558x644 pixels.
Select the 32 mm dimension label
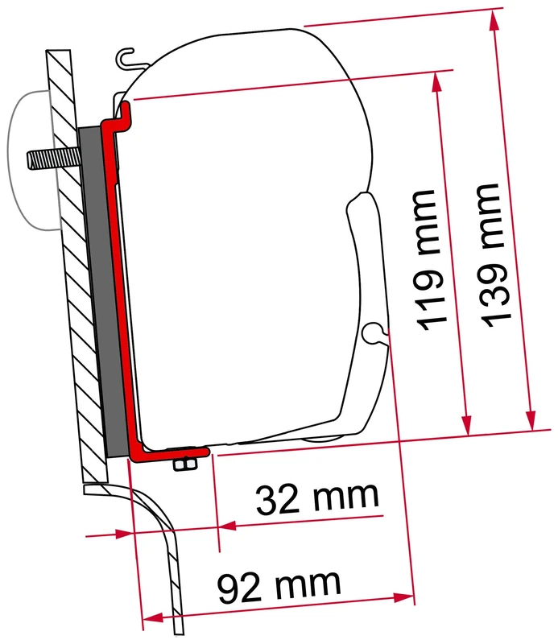pos(316,502)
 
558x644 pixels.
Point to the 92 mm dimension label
pos(279,583)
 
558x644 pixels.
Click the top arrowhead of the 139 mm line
pos(492,19)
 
